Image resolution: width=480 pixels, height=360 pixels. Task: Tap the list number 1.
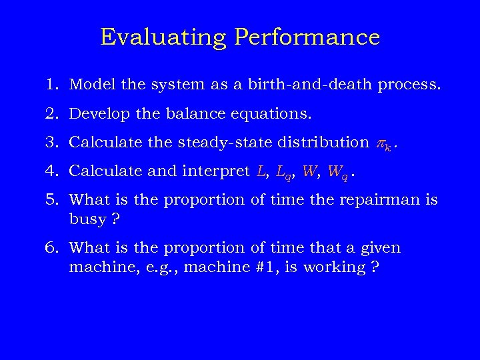[53, 85]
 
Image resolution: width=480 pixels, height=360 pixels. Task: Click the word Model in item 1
[89, 85]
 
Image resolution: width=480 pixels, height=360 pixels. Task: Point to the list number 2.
[53, 113]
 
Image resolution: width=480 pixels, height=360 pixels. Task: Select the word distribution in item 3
[317, 142]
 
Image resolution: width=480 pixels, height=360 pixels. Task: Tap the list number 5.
[53, 199]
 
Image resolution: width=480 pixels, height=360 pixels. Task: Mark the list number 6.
[53, 248]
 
